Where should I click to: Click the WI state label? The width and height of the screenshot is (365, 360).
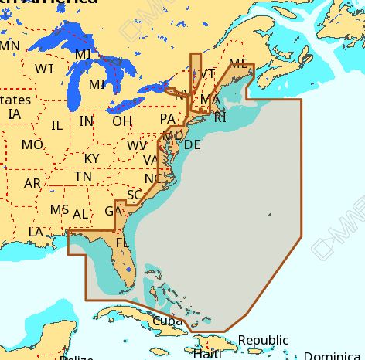44,69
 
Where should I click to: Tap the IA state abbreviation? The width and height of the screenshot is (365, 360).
14,114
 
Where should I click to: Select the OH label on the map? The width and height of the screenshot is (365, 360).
121,121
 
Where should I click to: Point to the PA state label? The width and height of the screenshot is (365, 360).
167,118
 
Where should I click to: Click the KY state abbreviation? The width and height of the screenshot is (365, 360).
91,158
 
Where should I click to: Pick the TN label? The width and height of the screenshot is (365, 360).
83,177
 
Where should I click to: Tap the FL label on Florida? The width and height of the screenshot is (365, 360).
122,243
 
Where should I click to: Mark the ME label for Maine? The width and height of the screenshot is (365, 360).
239,63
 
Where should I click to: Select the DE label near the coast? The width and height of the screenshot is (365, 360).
193,144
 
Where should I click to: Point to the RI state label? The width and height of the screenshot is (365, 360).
220,117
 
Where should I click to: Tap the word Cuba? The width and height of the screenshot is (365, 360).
167,320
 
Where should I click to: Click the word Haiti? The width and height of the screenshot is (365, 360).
208,354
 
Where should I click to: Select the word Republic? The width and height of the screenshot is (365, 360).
263,340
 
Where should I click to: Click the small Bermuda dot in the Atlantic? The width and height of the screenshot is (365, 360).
269,214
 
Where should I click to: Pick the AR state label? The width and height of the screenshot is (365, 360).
32,183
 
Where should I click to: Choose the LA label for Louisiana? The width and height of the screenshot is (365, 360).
36,232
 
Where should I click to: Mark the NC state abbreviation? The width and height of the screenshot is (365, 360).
153,178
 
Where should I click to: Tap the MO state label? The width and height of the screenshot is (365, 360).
32,144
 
